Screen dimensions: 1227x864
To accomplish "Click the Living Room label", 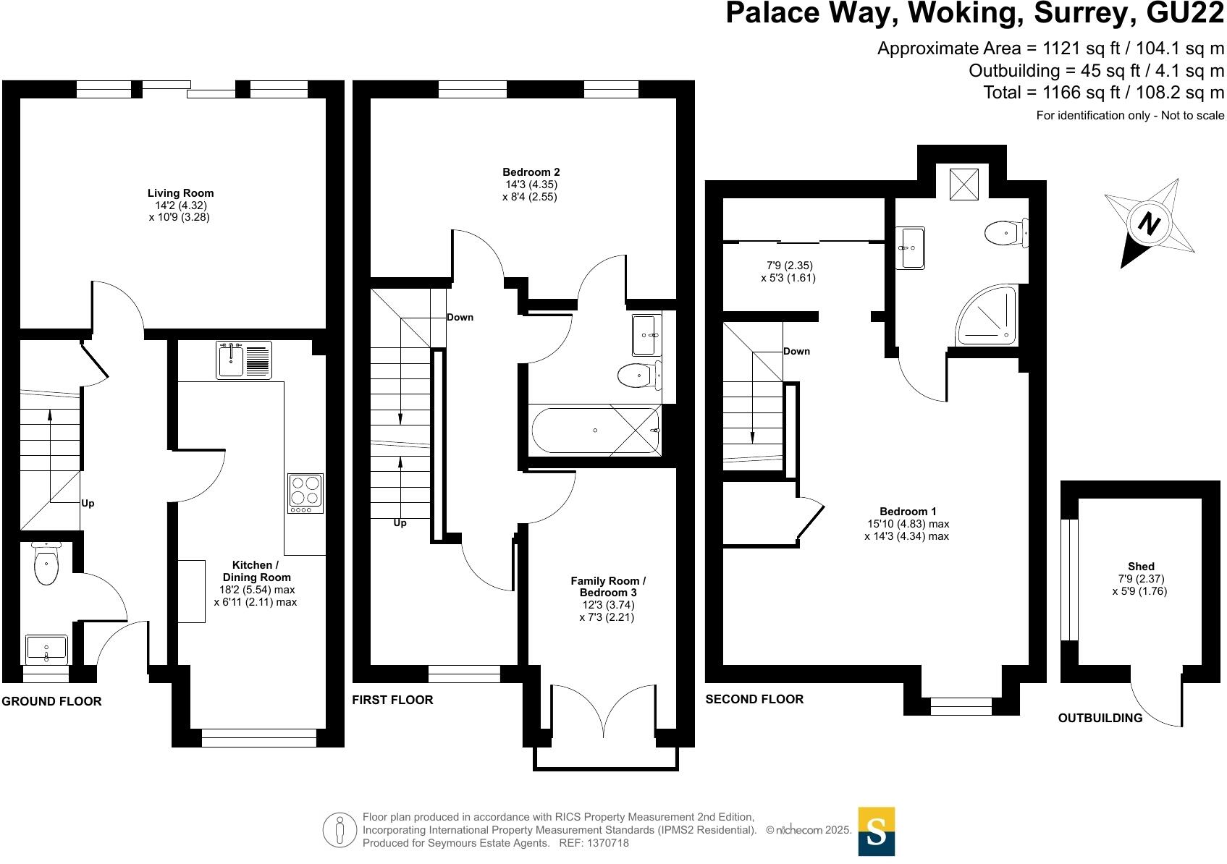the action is pos(180,193).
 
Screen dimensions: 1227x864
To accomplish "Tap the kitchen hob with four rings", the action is pos(305,494).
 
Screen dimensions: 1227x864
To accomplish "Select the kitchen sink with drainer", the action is pos(244,360).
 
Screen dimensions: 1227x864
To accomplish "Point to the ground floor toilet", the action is pos(46,564).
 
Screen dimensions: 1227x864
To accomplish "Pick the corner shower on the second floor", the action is pos(987,315).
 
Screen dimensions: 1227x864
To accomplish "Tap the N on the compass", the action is pos(1149,224).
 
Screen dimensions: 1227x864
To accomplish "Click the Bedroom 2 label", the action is pos(531,172).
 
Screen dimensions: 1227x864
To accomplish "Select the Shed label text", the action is pos(1140,566).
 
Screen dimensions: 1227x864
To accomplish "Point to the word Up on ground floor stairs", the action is pos(88,503).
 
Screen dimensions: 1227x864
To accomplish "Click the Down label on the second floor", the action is pos(796,352).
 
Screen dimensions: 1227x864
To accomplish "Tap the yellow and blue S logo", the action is pos(876,831).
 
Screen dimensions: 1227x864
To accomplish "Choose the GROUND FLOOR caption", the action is pos(51,701).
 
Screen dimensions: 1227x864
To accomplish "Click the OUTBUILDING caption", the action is pos(1100,718).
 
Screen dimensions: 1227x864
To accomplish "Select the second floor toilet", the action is pos(1006,233).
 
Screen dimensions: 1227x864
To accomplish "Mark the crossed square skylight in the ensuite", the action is pos(964,185).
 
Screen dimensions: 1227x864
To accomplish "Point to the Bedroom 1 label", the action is pos(908,512).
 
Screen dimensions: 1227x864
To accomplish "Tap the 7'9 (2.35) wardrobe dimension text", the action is pos(789,266).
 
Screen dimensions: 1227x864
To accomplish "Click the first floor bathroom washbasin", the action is pos(646,334).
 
